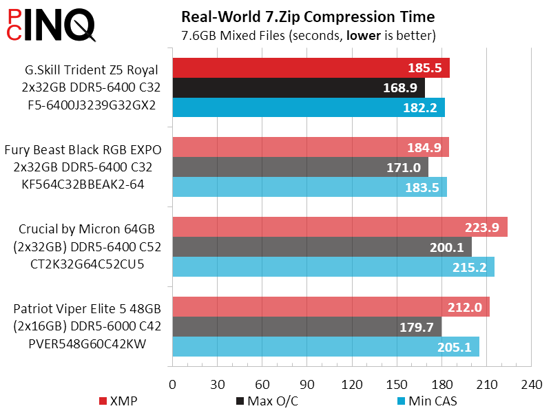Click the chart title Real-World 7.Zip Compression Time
[307, 16]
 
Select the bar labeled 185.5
[310, 68]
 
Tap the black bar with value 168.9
[298, 87]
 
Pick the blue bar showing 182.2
[308, 107]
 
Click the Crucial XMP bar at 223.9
[339, 227]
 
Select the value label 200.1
[448, 247]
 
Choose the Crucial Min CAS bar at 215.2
[333, 267]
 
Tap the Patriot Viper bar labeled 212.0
[331, 307]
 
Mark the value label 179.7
[417, 327]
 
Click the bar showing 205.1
[325, 347]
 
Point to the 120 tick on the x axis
[352, 383]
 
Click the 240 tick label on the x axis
[531, 383]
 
